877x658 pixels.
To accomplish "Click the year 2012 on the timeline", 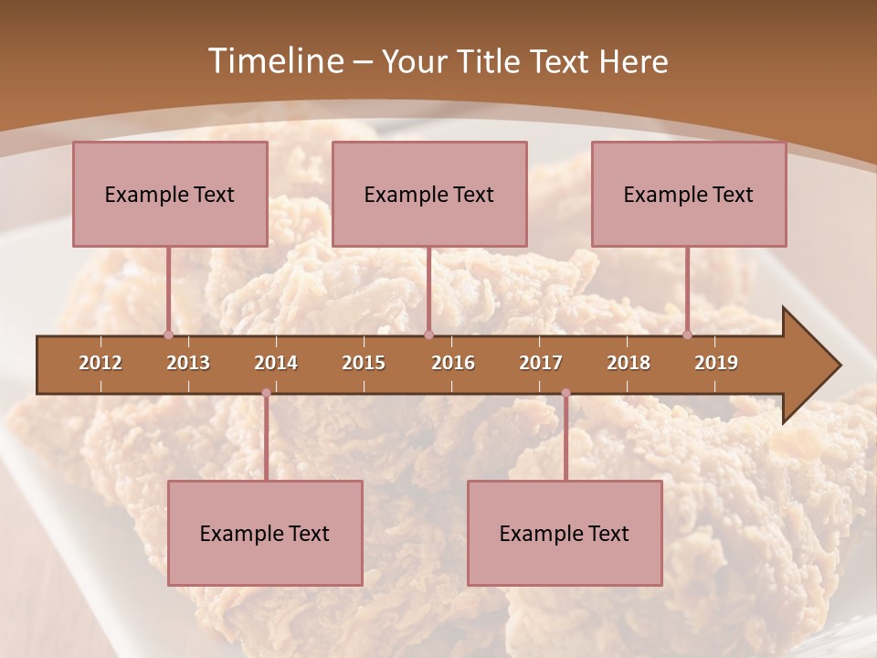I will pyautogui.click(x=100, y=363).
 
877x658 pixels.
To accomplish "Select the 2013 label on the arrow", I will pyautogui.click(x=188, y=363).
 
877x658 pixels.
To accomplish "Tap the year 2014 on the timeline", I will pyautogui.click(x=276, y=363).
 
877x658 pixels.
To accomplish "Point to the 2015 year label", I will pyautogui.click(x=364, y=363).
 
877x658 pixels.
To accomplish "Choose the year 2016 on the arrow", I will pyautogui.click(x=453, y=363).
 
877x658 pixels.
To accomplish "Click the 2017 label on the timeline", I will pyautogui.click(x=541, y=363).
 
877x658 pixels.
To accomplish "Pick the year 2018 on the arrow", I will pyautogui.click(x=629, y=363).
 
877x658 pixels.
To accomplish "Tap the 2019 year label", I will pyautogui.click(x=716, y=363).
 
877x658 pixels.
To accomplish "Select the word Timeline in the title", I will pyautogui.click(x=273, y=61).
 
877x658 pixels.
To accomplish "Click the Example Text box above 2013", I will pyautogui.click(x=170, y=194).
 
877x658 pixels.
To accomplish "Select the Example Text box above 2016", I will pyautogui.click(x=429, y=194).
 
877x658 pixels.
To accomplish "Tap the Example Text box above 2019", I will pyautogui.click(x=689, y=194).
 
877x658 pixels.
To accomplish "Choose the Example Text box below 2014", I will pyautogui.click(x=265, y=533).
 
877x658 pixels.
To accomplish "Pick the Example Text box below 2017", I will pyautogui.click(x=565, y=533).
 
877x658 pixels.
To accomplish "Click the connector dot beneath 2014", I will pyautogui.click(x=266, y=393).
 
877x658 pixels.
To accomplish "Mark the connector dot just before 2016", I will pyautogui.click(x=428, y=334).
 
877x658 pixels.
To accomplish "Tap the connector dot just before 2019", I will pyautogui.click(x=687, y=334).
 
